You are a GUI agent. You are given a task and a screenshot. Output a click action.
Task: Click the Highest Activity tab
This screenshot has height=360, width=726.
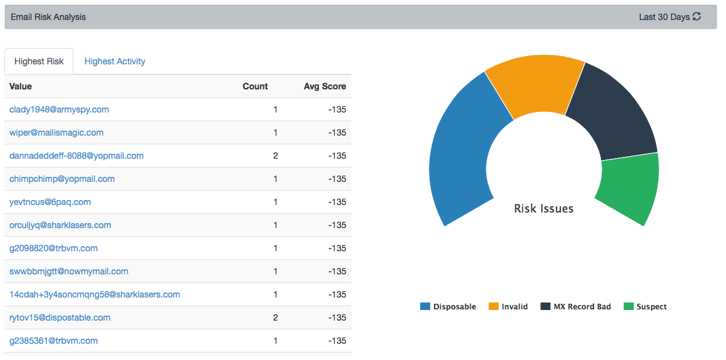pyautogui.click(x=114, y=61)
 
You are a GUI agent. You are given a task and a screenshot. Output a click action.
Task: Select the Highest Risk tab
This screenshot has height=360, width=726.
pyautogui.click(x=39, y=61)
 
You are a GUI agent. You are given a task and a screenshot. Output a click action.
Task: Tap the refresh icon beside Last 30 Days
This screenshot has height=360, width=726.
pyautogui.click(x=697, y=17)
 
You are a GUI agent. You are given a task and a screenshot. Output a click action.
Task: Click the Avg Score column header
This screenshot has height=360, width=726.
pyautogui.click(x=325, y=86)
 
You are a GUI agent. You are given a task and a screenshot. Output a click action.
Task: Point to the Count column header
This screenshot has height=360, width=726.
pyautogui.click(x=255, y=86)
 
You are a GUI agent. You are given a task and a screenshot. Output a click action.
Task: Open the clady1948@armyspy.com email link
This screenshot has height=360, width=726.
pyautogui.click(x=59, y=109)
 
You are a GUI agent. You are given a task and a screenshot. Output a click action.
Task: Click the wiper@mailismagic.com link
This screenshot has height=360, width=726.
pyautogui.click(x=56, y=132)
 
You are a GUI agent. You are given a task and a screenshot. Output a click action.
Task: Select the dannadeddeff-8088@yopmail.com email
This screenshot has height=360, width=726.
pyautogui.click(x=76, y=156)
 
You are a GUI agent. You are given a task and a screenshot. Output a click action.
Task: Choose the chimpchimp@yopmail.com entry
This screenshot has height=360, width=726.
pyautogui.click(x=62, y=179)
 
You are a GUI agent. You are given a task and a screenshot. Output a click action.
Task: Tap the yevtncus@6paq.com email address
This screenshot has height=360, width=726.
pyautogui.click(x=50, y=202)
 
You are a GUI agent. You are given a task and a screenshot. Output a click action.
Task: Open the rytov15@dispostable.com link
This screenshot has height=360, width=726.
pyautogui.click(x=60, y=317)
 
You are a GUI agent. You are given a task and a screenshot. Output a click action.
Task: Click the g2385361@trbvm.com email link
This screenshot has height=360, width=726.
pyautogui.click(x=54, y=341)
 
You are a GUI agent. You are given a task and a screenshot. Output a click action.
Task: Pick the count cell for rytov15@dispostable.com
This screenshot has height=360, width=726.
pyautogui.click(x=275, y=317)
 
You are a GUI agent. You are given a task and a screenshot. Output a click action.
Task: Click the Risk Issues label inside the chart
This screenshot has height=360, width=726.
pyautogui.click(x=543, y=208)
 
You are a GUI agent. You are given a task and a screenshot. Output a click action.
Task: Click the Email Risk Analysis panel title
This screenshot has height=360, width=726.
pyautogui.click(x=48, y=17)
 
